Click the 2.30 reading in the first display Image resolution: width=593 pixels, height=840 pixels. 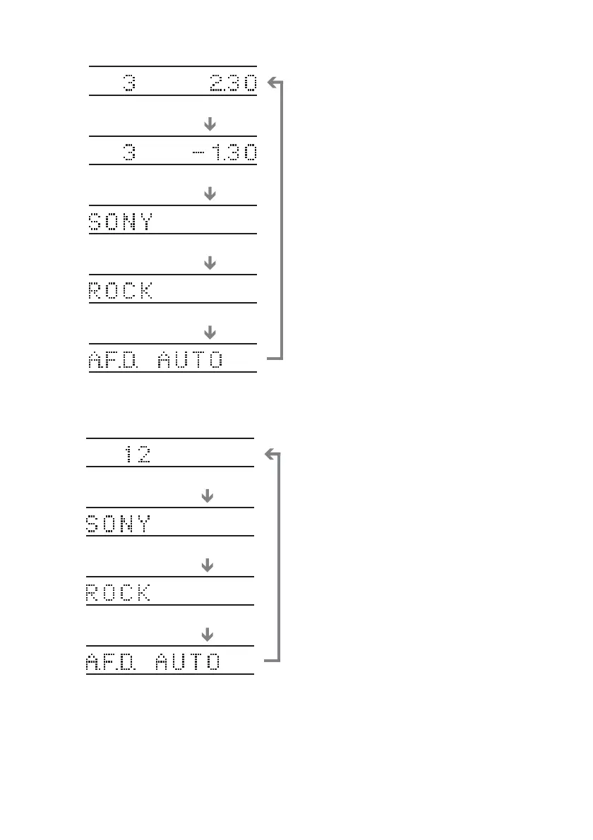point(232,84)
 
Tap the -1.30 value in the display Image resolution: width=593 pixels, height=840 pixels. point(225,153)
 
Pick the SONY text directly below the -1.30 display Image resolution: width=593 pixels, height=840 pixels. point(120,222)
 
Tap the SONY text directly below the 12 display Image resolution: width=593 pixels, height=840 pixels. point(118,524)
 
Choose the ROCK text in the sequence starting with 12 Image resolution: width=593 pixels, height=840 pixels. point(118,594)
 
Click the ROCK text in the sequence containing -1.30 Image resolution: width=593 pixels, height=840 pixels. point(120,292)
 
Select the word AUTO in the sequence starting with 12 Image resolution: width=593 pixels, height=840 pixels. point(188,663)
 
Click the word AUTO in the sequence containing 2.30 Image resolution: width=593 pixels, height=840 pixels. point(191,361)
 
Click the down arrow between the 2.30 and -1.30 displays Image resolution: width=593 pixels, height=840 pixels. point(209,124)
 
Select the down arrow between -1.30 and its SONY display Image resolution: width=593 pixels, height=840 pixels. point(209,193)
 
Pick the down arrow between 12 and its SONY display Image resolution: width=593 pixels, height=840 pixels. point(207,497)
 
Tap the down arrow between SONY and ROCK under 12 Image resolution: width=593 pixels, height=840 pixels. point(207,566)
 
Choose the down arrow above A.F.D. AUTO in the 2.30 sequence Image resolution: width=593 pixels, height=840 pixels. point(209,332)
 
